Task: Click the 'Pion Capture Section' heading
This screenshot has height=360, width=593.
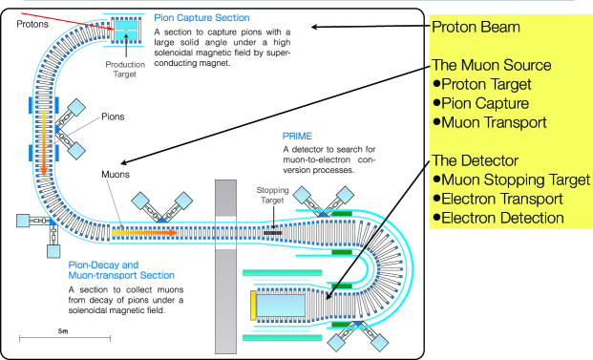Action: pyautogui.click(x=201, y=18)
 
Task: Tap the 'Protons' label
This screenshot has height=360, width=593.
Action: pyautogui.click(x=32, y=24)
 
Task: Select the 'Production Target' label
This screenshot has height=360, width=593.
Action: pyautogui.click(x=125, y=69)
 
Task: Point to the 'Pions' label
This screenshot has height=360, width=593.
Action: pyautogui.click(x=113, y=116)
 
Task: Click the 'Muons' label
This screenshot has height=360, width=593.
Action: pyautogui.click(x=116, y=175)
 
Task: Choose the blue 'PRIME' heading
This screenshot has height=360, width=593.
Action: pyautogui.click(x=297, y=137)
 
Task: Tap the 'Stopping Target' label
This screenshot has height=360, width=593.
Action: pyautogui.click(x=272, y=195)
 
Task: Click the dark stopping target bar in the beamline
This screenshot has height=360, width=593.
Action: pyautogui.click(x=272, y=233)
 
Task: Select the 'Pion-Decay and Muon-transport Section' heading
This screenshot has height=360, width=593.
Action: pyautogui.click(x=121, y=270)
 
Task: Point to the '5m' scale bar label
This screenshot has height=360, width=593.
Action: pyautogui.click(x=63, y=331)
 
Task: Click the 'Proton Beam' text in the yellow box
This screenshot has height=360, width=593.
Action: pyautogui.click(x=476, y=28)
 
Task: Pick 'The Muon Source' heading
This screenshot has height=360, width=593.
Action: pyautogui.click(x=491, y=65)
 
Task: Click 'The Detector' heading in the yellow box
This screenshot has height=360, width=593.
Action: pyautogui.click(x=475, y=160)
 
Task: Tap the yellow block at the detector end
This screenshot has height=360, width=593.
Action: pyautogui.click(x=253, y=306)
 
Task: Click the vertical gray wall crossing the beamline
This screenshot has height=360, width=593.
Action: pyautogui.click(x=225, y=266)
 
